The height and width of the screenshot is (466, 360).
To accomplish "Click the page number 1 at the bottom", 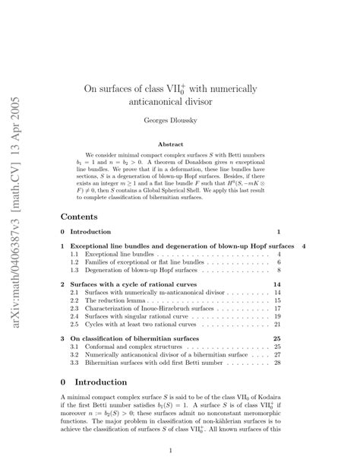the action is click(x=180, y=450).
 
